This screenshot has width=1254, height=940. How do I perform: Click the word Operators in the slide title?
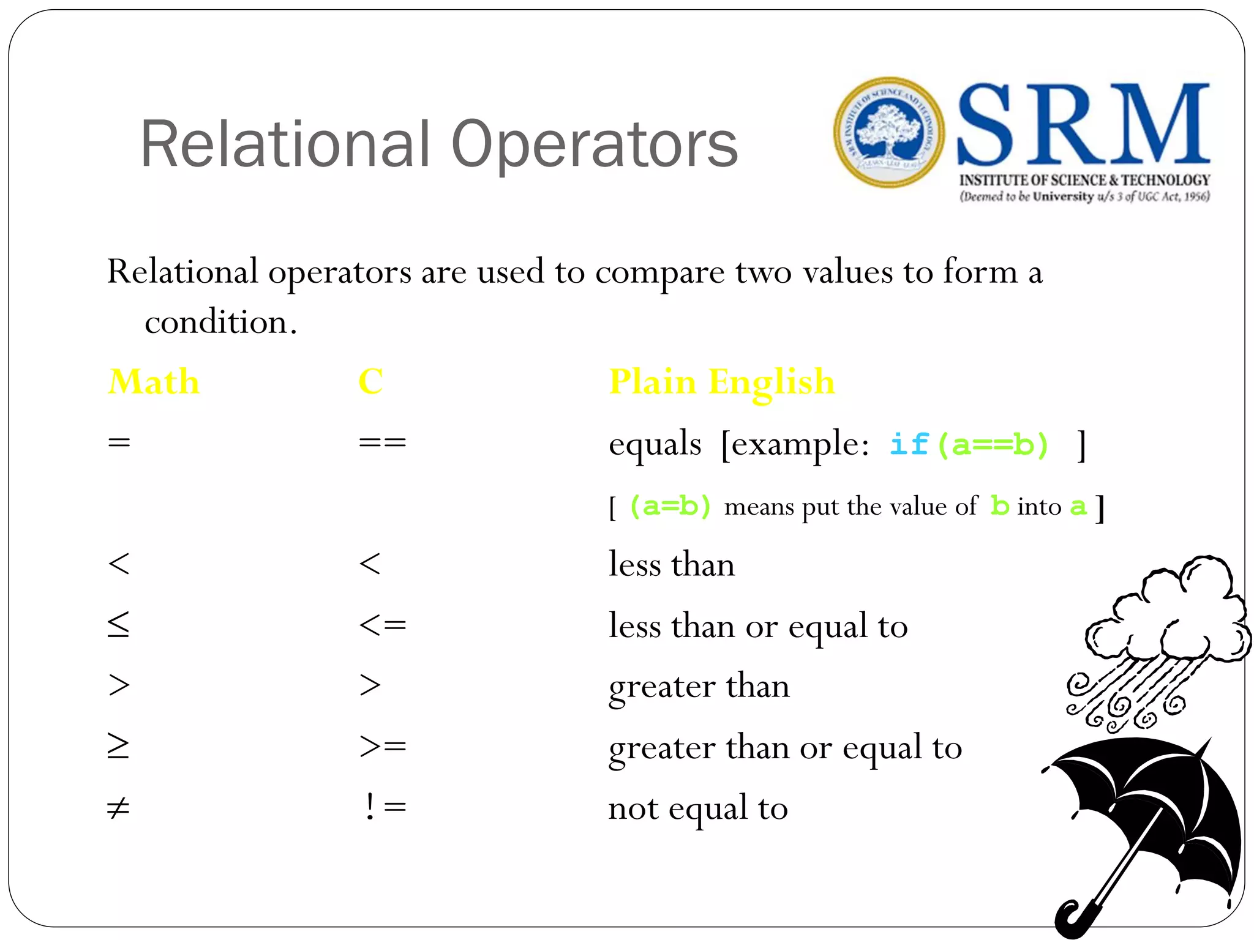[x=594, y=145]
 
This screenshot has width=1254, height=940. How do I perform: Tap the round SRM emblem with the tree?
[x=888, y=132]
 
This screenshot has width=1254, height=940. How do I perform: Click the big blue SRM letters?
[x=1083, y=125]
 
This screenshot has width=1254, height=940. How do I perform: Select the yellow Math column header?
[x=154, y=382]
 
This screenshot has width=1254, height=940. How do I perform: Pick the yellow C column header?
[x=370, y=382]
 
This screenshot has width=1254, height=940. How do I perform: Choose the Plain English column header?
[x=721, y=382]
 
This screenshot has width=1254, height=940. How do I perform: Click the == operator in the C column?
[x=382, y=442]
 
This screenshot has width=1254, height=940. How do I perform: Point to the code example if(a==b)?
[x=969, y=444]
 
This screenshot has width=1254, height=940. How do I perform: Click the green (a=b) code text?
[x=670, y=507]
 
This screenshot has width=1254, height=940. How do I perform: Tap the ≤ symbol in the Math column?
[x=118, y=625]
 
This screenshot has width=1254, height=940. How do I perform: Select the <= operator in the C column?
[x=382, y=625]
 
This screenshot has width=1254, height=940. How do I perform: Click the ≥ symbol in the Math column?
[x=118, y=746]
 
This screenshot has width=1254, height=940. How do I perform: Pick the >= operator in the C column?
[x=382, y=746]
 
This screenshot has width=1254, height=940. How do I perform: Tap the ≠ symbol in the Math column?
[x=118, y=808]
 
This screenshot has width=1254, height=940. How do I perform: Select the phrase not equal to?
[x=697, y=809]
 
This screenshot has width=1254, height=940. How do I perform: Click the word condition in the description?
[x=216, y=322]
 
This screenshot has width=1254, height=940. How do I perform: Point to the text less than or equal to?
[x=757, y=627]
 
